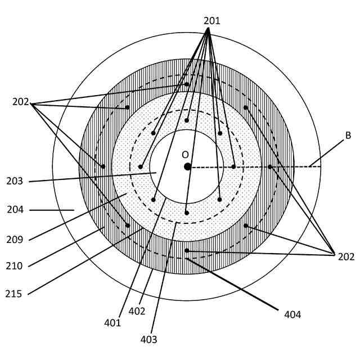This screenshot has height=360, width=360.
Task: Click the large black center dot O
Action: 187,166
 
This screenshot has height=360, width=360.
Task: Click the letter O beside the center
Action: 185,154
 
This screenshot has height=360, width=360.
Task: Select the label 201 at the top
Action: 211,21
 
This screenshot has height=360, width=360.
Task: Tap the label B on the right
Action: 348,135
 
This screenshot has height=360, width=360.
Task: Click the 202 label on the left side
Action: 21,102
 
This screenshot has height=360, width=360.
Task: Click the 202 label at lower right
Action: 346,256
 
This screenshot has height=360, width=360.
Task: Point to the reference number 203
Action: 15,181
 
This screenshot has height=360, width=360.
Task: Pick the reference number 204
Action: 15,210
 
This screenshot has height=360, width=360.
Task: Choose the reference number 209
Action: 15,240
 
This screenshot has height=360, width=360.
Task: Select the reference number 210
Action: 15,265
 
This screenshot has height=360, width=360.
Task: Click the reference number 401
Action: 112,323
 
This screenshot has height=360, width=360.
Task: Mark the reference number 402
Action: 137,310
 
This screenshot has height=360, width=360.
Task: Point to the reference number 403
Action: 149,339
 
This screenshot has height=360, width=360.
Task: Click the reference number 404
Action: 292,314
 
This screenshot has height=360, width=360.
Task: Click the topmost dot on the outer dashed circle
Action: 187,84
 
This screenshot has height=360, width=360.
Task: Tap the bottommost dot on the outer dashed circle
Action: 187,250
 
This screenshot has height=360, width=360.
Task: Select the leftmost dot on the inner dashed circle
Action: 140,166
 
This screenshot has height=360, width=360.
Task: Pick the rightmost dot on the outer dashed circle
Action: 270,166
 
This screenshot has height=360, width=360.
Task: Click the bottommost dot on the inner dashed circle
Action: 187,213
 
